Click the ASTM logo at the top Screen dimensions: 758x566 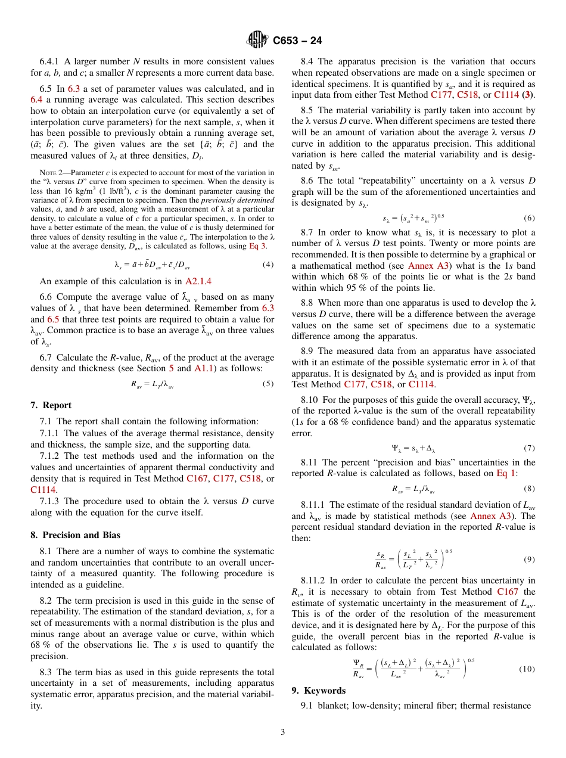coord(258,40)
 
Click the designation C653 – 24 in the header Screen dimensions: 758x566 coord(297,41)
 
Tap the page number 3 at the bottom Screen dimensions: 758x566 coord(283,732)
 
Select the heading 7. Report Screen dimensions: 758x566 coord(51,405)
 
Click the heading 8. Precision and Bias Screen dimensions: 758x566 coord(75,535)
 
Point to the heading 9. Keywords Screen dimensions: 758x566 coord(318,690)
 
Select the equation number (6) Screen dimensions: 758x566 coord(529,218)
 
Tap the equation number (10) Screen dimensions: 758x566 coord(527,669)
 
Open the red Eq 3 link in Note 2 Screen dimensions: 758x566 coord(258,246)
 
